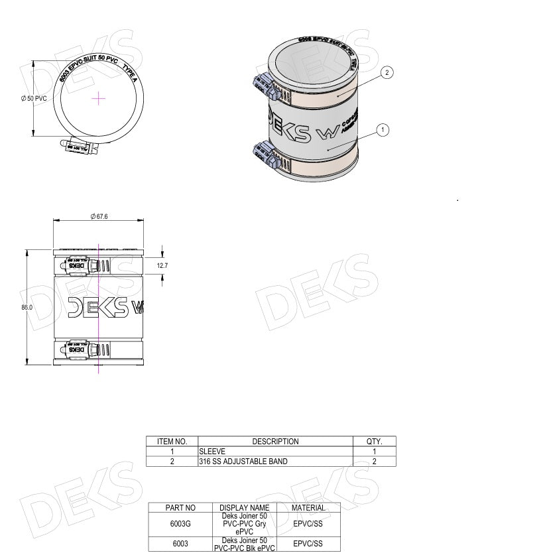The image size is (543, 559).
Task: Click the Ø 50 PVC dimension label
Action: click(33, 98)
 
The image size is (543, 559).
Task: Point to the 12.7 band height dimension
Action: click(162, 265)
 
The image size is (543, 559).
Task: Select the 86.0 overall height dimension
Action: click(27, 307)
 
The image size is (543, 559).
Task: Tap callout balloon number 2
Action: click(388, 72)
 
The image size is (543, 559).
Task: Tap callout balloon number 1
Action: click(383, 130)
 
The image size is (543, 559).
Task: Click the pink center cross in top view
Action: click(98, 98)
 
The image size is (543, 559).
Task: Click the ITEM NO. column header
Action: click(172, 441)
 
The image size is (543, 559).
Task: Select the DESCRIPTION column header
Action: click(275, 441)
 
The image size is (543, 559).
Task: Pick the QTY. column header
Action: click(374, 441)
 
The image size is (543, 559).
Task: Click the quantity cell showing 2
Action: click(374, 461)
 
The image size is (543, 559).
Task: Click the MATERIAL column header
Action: click(308, 507)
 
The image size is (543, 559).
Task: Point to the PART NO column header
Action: click(180, 507)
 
